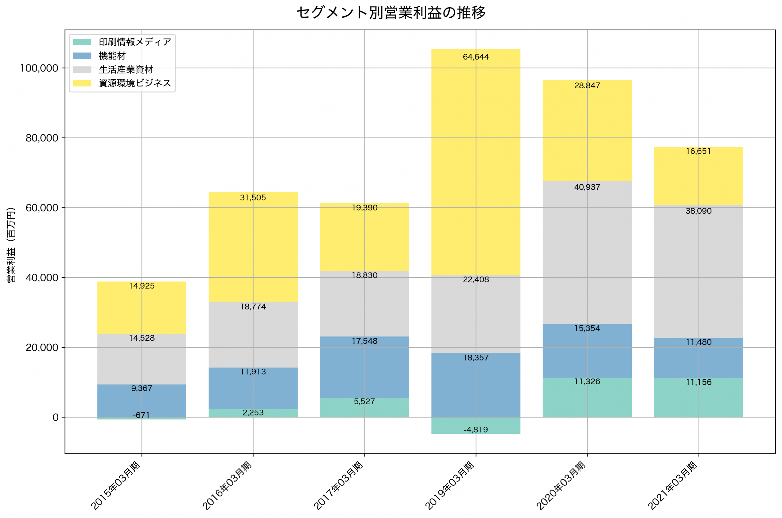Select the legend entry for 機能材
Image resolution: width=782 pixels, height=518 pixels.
click(112, 56)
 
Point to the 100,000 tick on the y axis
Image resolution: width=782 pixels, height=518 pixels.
click(39, 68)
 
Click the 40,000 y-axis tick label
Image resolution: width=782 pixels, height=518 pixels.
click(42, 278)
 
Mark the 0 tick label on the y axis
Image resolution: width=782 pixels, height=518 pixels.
click(56, 418)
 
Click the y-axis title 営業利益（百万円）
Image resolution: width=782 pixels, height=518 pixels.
click(11, 245)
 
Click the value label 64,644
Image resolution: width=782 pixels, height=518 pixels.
click(476, 57)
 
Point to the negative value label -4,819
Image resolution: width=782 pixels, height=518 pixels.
click(476, 430)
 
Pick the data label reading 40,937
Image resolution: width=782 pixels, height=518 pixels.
click(587, 187)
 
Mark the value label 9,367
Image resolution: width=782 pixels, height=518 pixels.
click(142, 389)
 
